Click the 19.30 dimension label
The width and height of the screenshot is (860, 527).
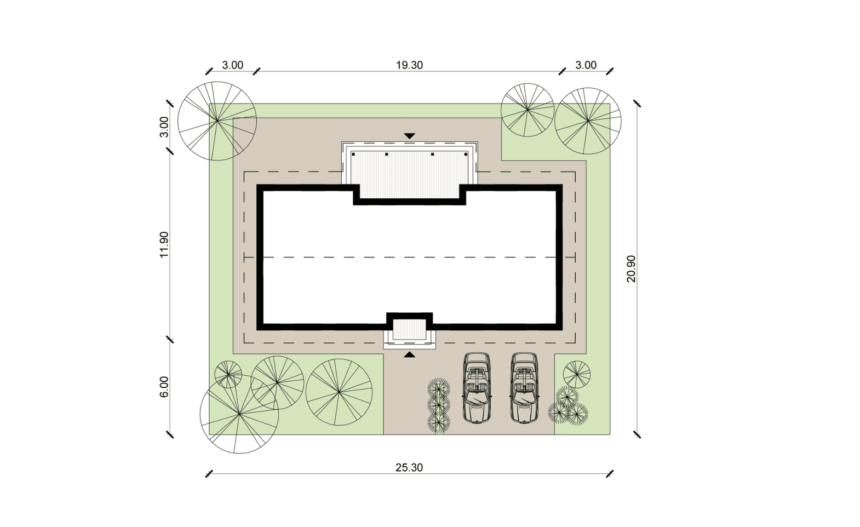(x=409, y=65)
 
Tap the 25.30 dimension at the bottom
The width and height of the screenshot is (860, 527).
(x=409, y=468)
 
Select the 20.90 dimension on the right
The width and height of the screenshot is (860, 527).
(x=631, y=268)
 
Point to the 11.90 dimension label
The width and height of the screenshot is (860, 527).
(x=164, y=245)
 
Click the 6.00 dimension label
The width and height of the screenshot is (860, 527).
(x=164, y=387)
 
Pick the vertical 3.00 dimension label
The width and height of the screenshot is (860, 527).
(x=164, y=127)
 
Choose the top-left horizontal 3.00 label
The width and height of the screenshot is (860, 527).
(x=232, y=65)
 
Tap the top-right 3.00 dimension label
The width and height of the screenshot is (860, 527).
(x=586, y=65)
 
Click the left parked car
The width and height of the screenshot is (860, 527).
(x=477, y=388)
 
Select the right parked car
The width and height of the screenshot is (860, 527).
(x=524, y=388)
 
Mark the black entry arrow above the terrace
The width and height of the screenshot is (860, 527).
(x=409, y=136)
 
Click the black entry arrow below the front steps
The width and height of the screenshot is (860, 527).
(x=409, y=355)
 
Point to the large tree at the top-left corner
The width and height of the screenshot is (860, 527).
(x=217, y=121)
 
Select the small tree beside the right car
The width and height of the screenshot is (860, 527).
(x=576, y=375)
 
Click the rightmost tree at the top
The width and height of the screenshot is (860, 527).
(x=587, y=121)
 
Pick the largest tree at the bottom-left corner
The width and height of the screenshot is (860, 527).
(x=239, y=414)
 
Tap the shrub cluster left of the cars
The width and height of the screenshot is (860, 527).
(x=438, y=405)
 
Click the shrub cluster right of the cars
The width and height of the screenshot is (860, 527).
(x=567, y=406)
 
